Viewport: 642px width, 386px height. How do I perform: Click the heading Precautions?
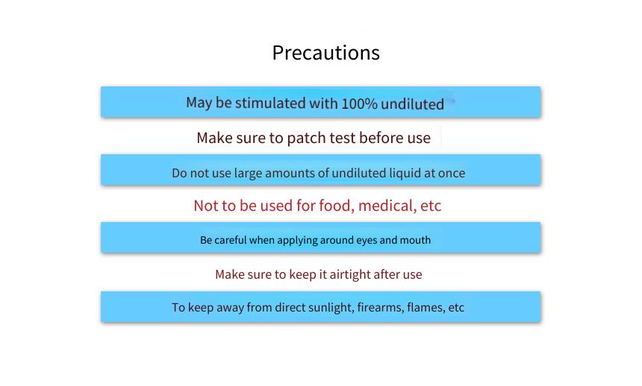coord(326,53)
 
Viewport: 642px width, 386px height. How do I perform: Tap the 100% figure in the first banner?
coord(359,104)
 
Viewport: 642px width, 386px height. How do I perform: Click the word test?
coord(343,138)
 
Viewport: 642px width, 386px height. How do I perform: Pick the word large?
coord(248,174)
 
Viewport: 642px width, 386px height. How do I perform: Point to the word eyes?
coord(367,241)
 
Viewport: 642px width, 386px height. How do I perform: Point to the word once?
coord(452,174)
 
